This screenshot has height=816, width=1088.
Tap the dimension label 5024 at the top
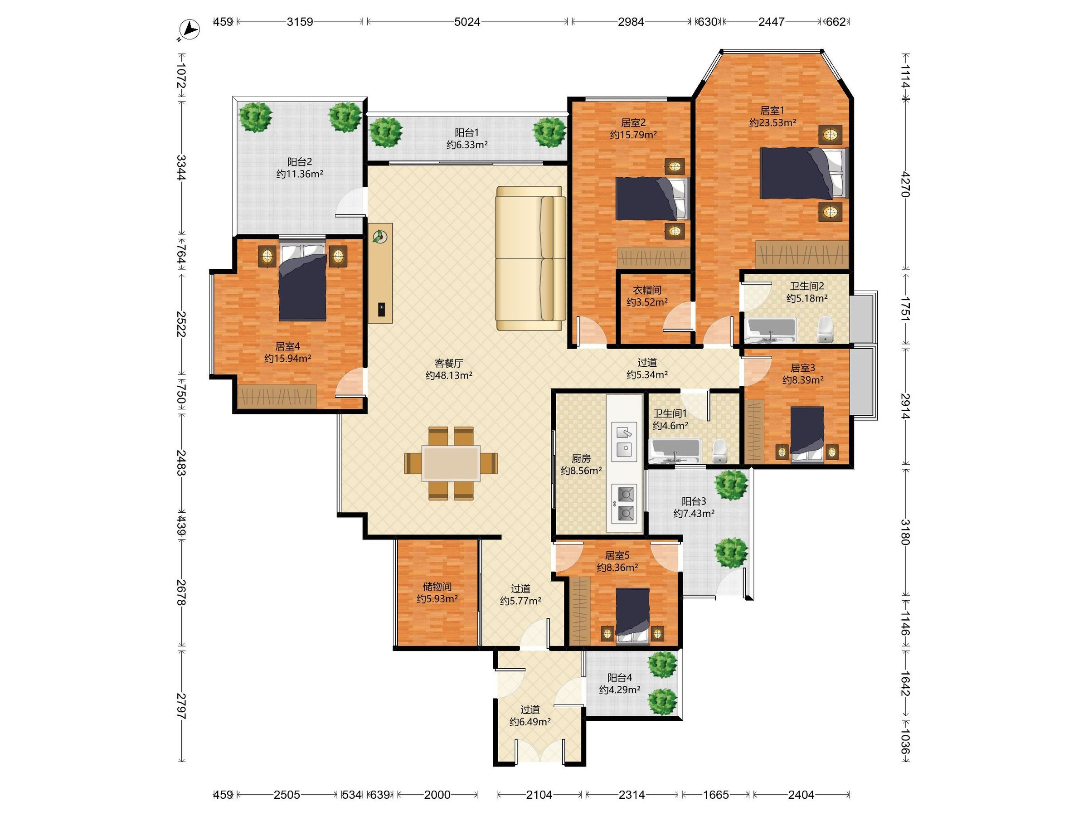click(467, 22)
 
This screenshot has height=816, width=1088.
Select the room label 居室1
click(772, 111)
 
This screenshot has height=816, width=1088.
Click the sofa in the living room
click(531, 258)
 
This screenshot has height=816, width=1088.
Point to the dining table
click(451, 463)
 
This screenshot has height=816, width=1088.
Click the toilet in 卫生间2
click(825, 329)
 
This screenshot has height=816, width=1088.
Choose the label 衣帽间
click(647, 290)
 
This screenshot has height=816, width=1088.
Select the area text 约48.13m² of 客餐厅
click(449, 375)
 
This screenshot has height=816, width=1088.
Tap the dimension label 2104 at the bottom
click(539, 794)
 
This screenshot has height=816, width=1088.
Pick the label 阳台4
click(620, 678)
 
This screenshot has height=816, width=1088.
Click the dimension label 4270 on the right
click(905, 185)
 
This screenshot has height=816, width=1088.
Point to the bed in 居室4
click(302, 282)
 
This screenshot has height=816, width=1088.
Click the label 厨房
click(581, 458)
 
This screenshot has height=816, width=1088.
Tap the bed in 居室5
click(632, 615)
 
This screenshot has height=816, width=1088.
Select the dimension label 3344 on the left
click(181, 167)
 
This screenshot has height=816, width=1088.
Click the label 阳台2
click(300, 162)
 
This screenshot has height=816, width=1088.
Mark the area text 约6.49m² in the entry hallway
click(530, 722)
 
